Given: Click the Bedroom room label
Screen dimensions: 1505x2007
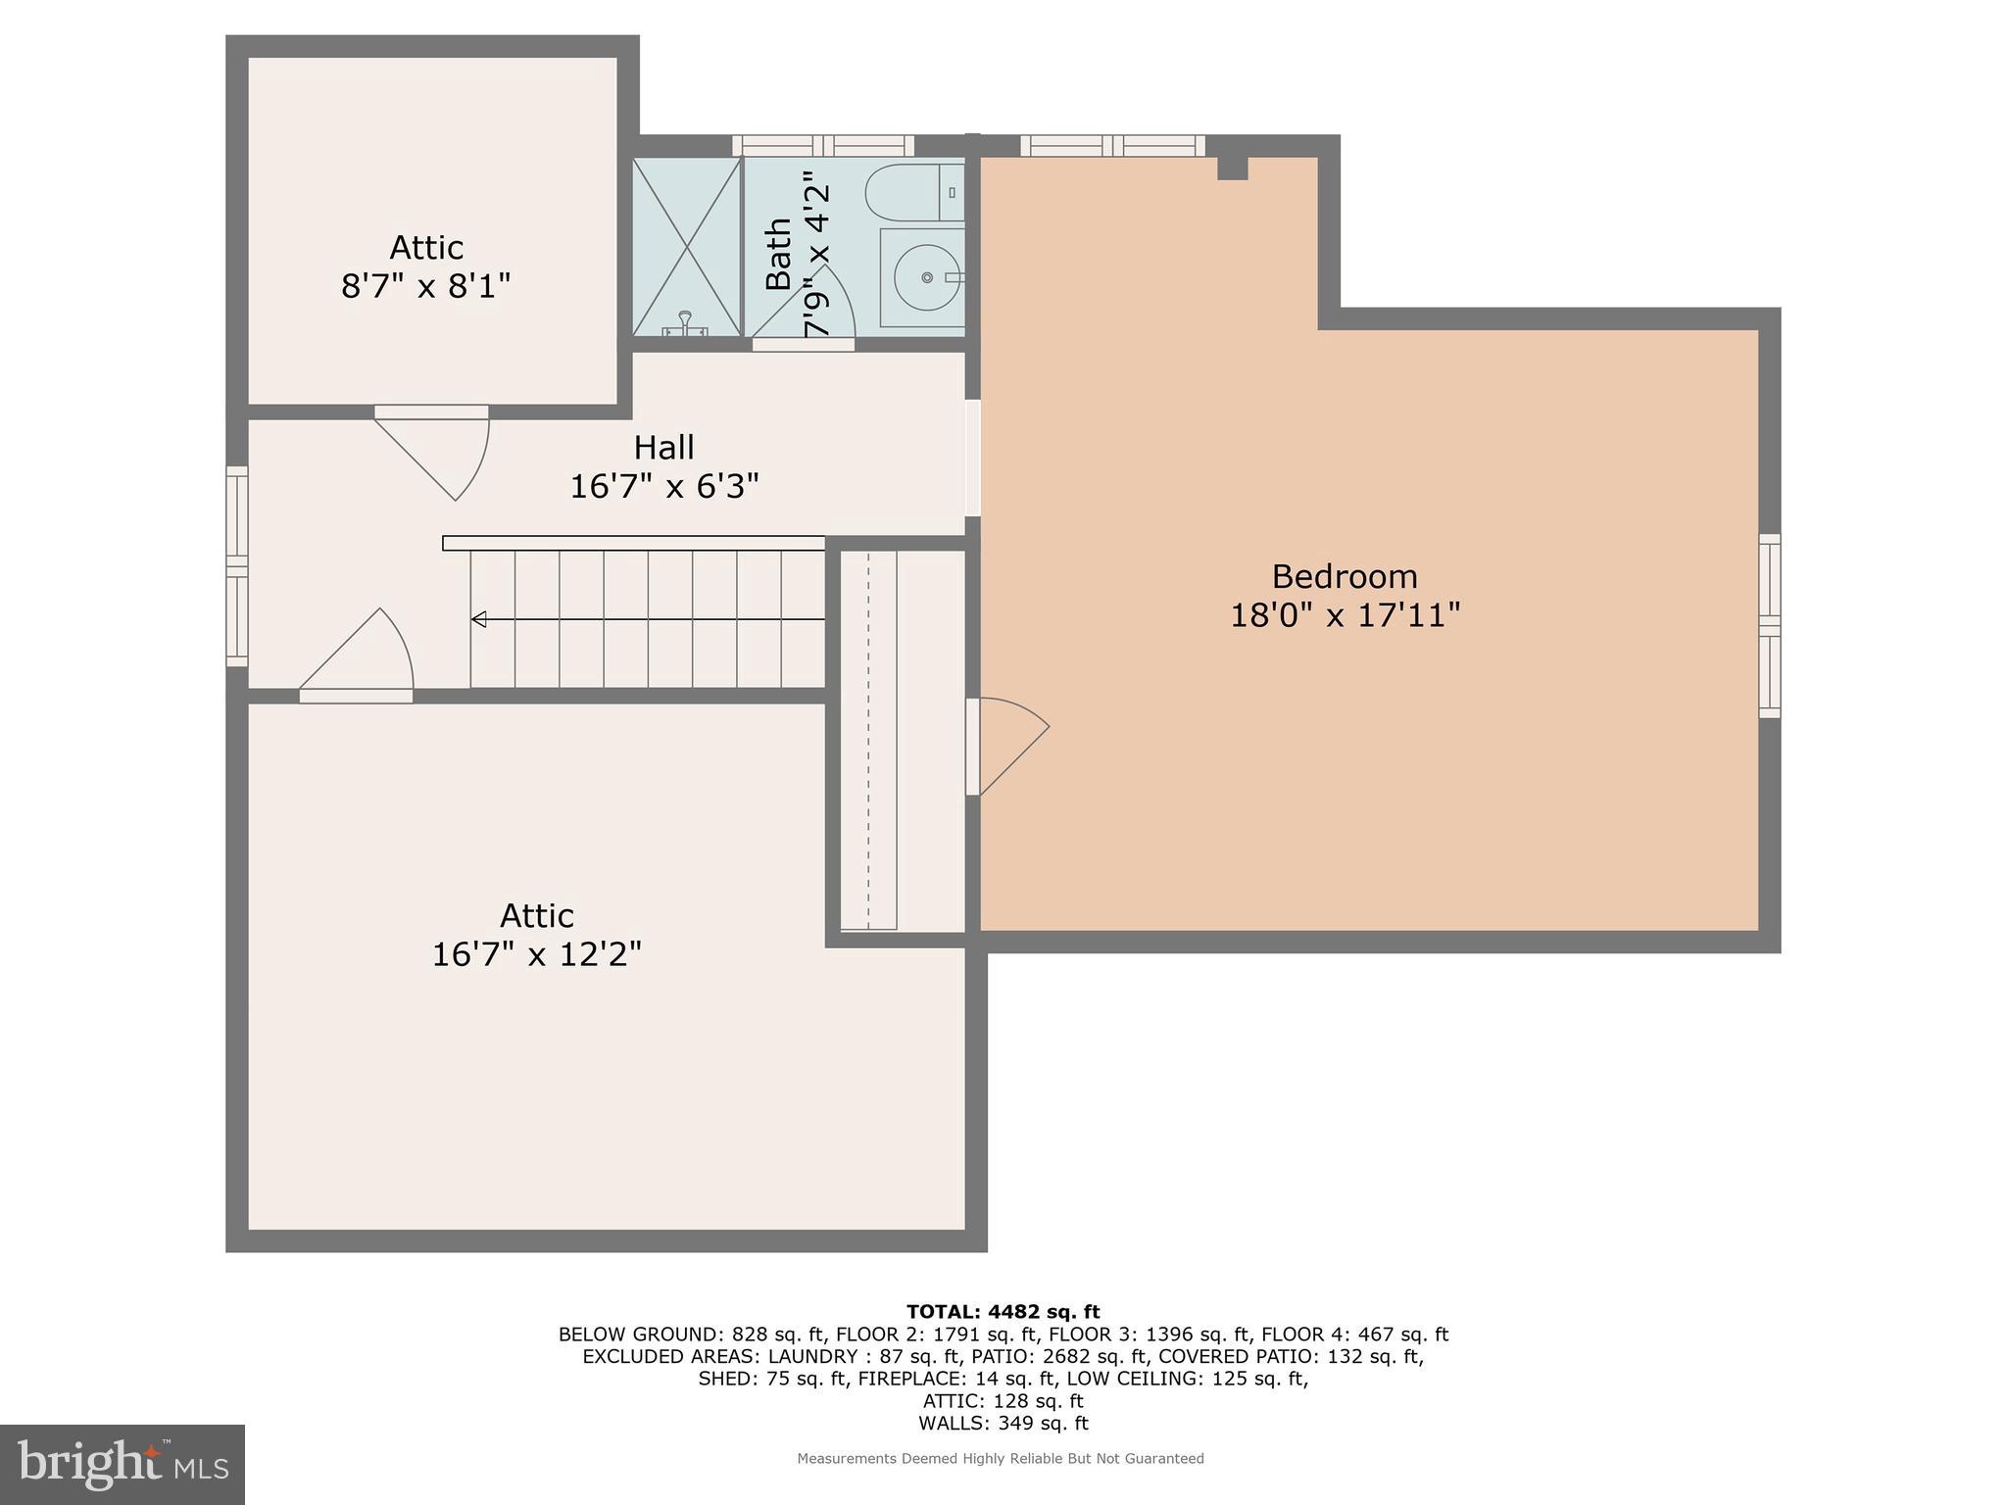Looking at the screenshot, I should pos(1344,576).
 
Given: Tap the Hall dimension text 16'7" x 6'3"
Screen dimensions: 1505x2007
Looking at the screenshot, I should pos(664,486).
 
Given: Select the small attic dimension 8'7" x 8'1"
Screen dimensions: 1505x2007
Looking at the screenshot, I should pos(425,286).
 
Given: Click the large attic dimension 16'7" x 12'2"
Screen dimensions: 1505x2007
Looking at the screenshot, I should pos(536,954).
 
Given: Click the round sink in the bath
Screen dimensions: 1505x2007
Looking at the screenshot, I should pos(926,277).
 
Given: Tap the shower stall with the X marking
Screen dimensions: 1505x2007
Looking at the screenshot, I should pos(686,247).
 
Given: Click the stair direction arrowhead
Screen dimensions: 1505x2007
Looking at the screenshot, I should pos(479,619).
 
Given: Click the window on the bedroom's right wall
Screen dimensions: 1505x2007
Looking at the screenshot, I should pos(1769,625).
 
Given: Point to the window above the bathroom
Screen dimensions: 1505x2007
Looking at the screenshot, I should pos(823,146).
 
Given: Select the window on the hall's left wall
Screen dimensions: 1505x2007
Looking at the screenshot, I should pos(237,566).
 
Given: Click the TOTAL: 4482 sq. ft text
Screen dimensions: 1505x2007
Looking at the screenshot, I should pos(1003,1312).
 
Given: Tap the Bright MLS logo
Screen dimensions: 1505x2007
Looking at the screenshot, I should pos(122,1464).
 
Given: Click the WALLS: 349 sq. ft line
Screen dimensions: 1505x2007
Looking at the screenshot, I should pos(1003,1423).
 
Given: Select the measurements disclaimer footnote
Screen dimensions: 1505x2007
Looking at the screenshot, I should pos(1000,1459).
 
